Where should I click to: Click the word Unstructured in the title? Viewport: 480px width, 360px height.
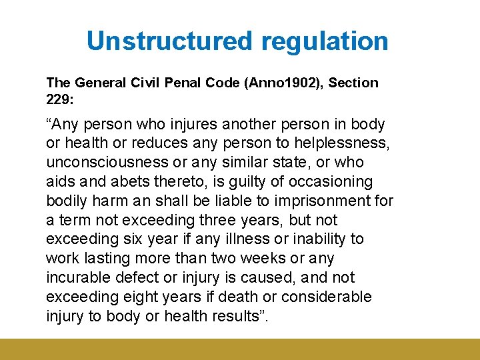tap(170, 41)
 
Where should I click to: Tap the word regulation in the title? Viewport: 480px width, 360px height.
tap(325, 41)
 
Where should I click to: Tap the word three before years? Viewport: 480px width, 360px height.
tap(227, 220)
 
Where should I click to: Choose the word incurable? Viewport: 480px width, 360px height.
tap(78, 277)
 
